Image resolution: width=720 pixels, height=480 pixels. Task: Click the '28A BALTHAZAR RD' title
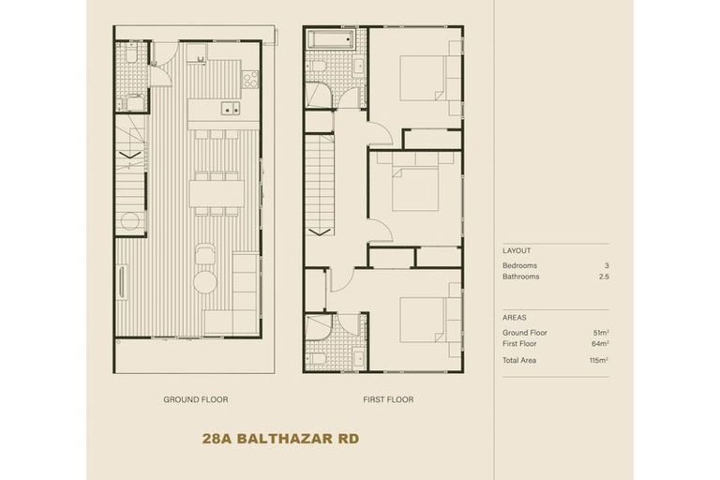point(279,438)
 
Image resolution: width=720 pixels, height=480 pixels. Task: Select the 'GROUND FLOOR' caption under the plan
point(195,399)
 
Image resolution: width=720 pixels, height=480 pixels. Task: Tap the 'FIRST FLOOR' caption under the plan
point(388,399)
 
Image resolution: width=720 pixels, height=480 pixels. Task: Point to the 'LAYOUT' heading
point(517,251)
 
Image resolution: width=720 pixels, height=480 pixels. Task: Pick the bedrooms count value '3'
point(607,265)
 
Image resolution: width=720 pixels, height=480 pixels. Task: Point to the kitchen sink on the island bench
point(229,110)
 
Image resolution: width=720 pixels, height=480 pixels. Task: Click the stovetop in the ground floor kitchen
point(250,80)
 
